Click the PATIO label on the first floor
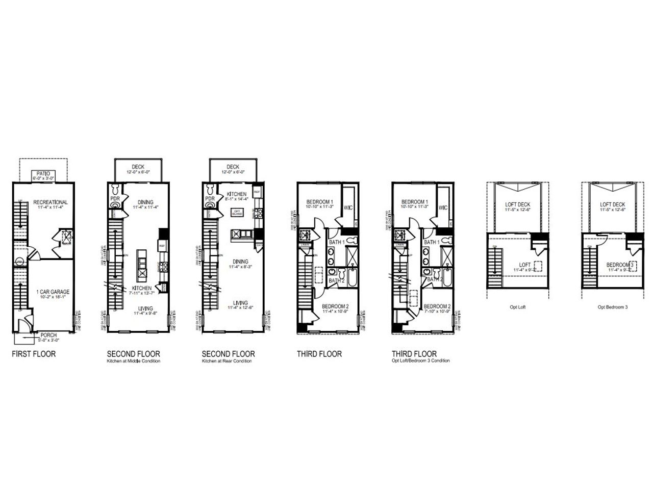pyautogui.click(x=42, y=173)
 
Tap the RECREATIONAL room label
pyautogui.click(x=51, y=202)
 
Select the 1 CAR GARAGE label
pyautogui.click(x=53, y=292)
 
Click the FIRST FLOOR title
pyautogui.click(x=34, y=354)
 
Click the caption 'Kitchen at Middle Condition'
pyautogui.click(x=133, y=361)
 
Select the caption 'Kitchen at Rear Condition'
pyautogui.click(x=227, y=361)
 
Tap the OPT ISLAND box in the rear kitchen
pyautogui.click(x=237, y=212)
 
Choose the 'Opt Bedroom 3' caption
pyautogui.click(x=613, y=307)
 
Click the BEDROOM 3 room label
pyautogui.click(x=620, y=265)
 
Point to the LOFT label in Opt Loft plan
pyautogui.click(x=525, y=265)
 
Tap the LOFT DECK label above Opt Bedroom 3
pyautogui.click(x=613, y=204)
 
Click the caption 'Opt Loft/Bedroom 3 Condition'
pyautogui.click(x=420, y=361)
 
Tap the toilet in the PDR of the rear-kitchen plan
pyautogui.click(x=210, y=206)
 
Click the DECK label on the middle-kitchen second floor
pyautogui.click(x=138, y=167)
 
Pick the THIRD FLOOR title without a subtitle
pyautogui.click(x=319, y=354)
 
